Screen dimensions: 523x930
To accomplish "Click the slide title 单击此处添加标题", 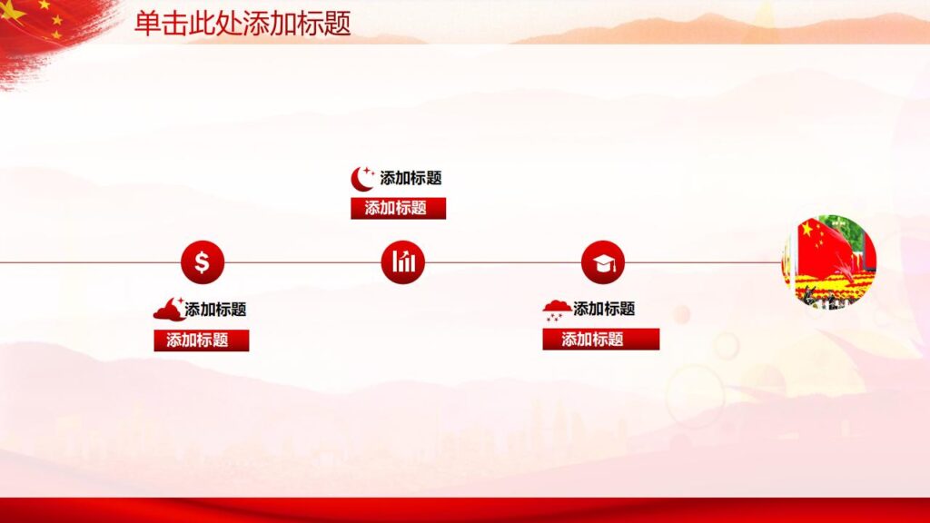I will coord(242,24).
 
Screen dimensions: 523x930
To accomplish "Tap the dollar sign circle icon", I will coord(202,262).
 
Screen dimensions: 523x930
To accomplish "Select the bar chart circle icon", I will coord(403,262).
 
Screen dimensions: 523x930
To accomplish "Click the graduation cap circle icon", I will coord(603,262).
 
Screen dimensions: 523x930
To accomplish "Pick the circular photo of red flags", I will coord(829,262).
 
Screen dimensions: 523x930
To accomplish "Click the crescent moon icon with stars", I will coord(363,178).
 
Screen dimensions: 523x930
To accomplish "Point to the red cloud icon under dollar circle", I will coord(168,310).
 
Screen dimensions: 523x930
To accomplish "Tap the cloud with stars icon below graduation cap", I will coord(557,310).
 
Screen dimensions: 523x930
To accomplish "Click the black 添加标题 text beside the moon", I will coord(411,178).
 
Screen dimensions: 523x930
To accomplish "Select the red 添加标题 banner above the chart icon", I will coord(398,208).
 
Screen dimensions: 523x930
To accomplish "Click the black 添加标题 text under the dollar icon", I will coord(215,310).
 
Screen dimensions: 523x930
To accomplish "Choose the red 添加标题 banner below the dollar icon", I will coord(201,340).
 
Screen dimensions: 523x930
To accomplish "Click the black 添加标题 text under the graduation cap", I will coord(604,310).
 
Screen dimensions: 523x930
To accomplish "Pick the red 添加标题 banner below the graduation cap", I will coord(600,340).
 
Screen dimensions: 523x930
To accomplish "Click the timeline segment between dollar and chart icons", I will coord(302,263).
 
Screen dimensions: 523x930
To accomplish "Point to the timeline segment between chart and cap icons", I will coord(503,263).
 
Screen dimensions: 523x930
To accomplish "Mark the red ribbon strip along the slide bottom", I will coord(465,510).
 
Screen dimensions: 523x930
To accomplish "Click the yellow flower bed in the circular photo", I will coord(826,289).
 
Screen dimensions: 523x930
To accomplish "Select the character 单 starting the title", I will coord(145,24).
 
